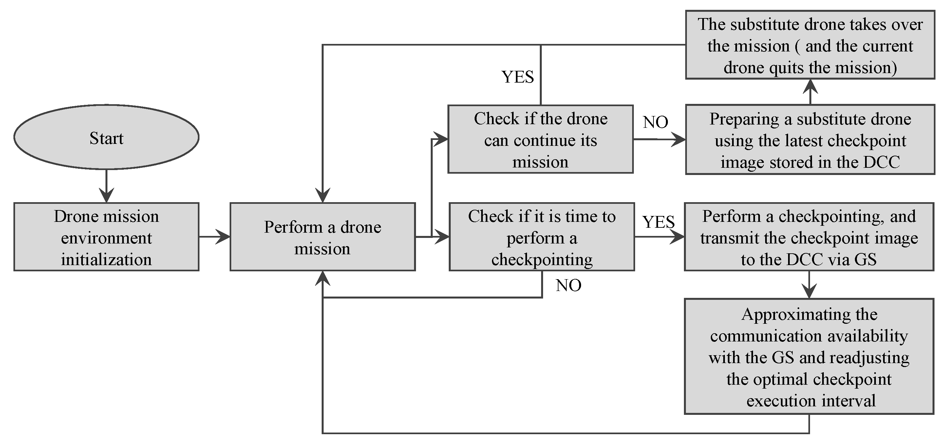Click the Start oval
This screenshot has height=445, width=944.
pyautogui.click(x=106, y=137)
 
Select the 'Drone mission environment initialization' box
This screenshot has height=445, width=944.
pyautogui.click(x=106, y=237)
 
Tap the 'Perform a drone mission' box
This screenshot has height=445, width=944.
pyautogui.click(x=323, y=237)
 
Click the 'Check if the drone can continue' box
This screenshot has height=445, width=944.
pyautogui.click(x=540, y=139)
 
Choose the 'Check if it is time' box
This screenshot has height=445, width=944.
pyautogui.click(x=542, y=237)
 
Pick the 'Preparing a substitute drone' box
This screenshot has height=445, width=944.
pyautogui.click(x=810, y=140)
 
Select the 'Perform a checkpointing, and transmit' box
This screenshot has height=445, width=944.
pyautogui.click(x=809, y=237)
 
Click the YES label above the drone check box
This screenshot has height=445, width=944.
pyautogui.click(x=518, y=77)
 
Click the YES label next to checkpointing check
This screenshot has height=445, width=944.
pyautogui.click(x=658, y=222)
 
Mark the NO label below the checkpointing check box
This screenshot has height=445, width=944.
pyautogui.click(x=568, y=285)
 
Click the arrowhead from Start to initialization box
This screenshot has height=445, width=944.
pyautogui.click(x=106, y=196)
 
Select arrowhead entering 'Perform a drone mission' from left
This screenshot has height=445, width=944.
pyautogui.click(x=223, y=237)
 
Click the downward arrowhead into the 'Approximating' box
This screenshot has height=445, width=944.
pyautogui.click(x=809, y=291)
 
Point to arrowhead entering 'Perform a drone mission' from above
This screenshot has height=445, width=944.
pyautogui.click(x=323, y=195)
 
